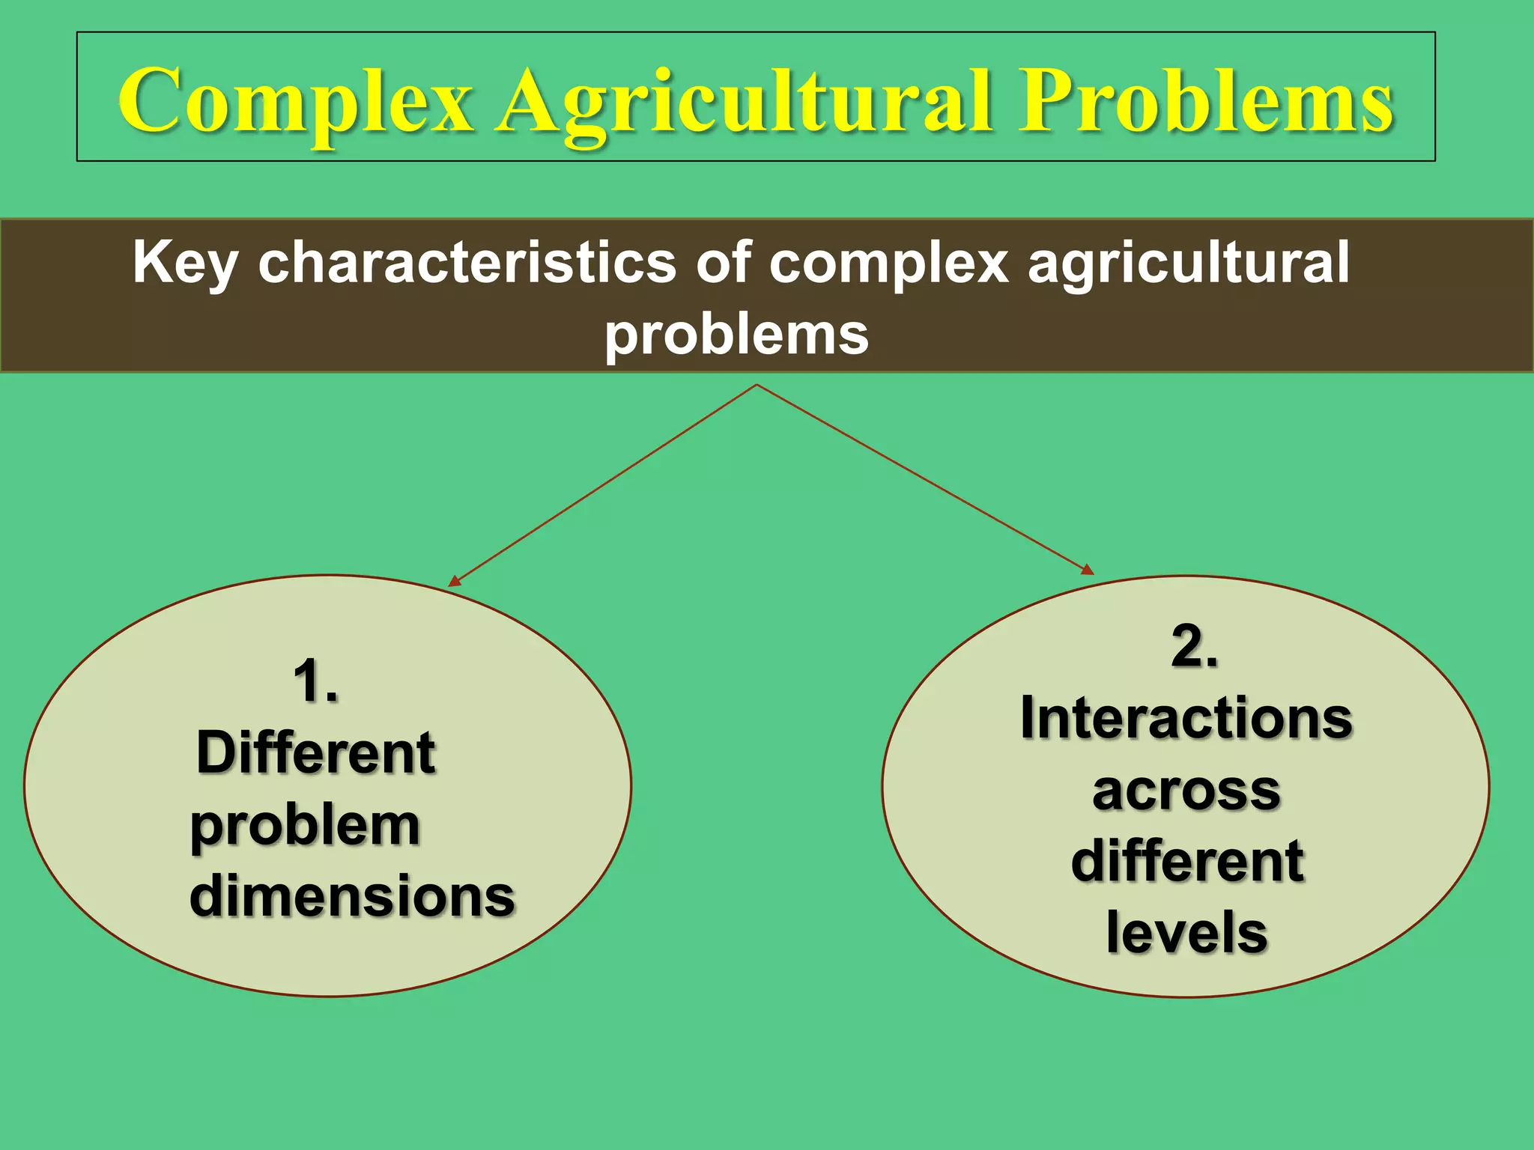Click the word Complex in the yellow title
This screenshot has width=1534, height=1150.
tap(296, 101)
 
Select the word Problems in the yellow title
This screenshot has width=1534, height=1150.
tap(1204, 101)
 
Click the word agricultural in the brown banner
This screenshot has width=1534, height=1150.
tap(1189, 264)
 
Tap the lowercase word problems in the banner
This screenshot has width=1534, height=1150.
tap(736, 335)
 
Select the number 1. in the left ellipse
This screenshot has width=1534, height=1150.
tap(315, 681)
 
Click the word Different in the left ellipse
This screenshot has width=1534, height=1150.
tap(315, 752)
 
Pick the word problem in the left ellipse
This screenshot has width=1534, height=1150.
tap(305, 826)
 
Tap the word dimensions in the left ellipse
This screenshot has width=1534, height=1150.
tap(352, 895)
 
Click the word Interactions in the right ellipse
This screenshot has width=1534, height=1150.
tap(1186, 717)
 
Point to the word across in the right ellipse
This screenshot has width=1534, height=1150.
tap(1186, 790)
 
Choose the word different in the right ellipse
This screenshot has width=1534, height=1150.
tap(1187, 861)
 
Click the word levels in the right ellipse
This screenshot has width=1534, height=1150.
tap(1186, 932)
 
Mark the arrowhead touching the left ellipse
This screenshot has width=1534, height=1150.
tap(454, 581)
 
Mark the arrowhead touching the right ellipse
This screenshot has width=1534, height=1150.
tap(1088, 570)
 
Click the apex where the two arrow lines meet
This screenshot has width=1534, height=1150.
tap(757, 386)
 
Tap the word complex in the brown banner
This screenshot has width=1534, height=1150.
tap(889, 264)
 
